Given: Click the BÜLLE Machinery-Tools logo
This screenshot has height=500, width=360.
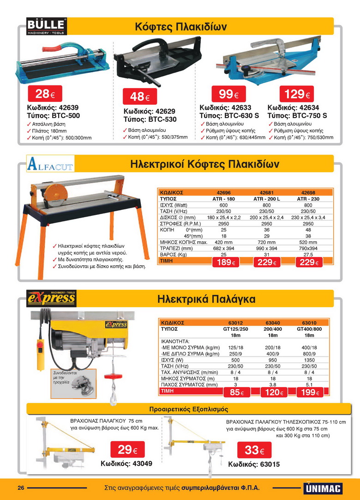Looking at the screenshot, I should [47, 26].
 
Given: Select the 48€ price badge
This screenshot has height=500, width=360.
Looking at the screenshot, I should [139, 97].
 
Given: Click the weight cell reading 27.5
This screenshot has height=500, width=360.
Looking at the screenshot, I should [308, 254].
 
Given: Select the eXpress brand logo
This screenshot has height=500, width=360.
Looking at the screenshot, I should [51, 298].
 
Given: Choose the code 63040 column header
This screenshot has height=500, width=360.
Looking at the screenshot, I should [273, 323].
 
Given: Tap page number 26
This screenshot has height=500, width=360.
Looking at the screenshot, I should [21, 488].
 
